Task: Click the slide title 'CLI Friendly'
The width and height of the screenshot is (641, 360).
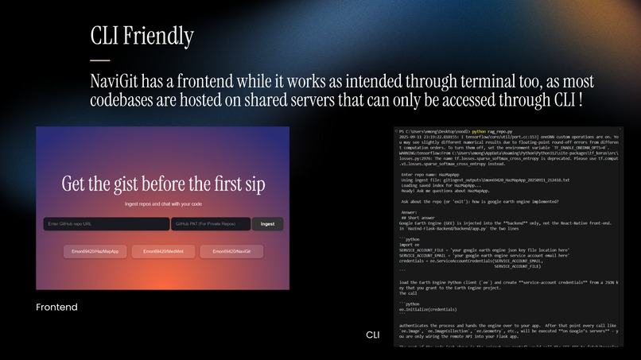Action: pyautogui.click(x=142, y=37)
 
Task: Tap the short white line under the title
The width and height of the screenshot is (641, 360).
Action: pyautogui.click(x=99, y=60)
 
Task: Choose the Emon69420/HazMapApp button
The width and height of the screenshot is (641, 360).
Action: pyautogui.click(x=95, y=251)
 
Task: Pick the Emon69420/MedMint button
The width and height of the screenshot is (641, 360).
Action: pyautogui.click(x=163, y=251)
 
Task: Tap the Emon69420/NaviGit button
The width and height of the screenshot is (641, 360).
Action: pyautogui.click(x=231, y=251)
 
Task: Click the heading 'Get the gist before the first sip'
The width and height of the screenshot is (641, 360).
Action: pyautogui.click(x=163, y=184)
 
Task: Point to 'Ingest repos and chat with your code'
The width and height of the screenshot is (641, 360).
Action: pyautogui.click(x=163, y=205)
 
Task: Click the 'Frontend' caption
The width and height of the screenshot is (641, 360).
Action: pyautogui.click(x=56, y=307)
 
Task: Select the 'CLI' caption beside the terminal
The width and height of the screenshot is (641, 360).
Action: pyautogui.click(x=373, y=335)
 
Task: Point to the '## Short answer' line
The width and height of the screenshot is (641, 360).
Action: pyautogui.click(x=421, y=219)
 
